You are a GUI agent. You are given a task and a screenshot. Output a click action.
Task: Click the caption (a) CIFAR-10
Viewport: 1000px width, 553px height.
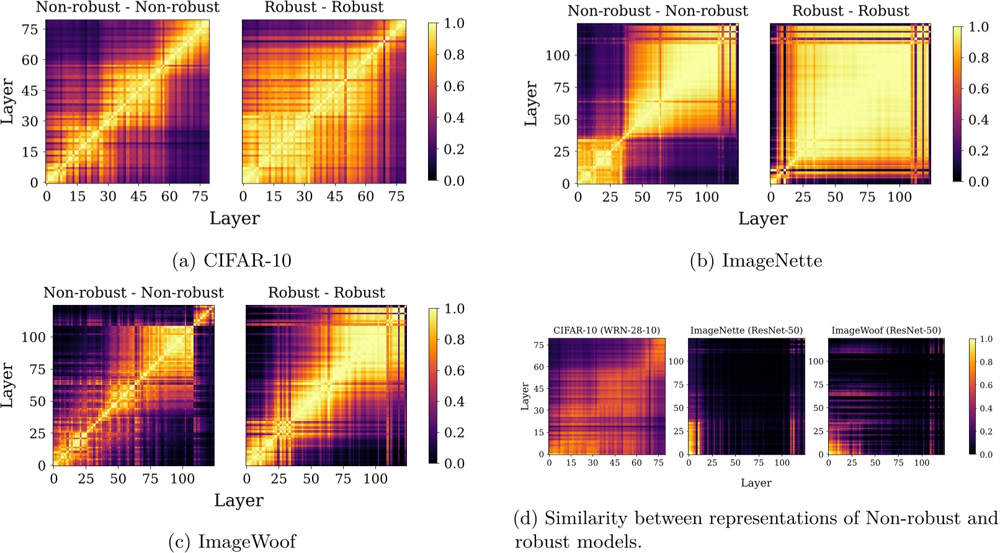click(x=231, y=260)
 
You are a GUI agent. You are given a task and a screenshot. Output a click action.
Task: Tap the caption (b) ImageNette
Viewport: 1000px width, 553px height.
click(x=756, y=261)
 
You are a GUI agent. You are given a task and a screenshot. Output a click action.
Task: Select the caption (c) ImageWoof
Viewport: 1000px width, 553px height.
click(x=232, y=542)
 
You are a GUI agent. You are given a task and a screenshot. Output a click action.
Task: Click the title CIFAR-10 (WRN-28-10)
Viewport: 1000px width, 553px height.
click(x=606, y=330)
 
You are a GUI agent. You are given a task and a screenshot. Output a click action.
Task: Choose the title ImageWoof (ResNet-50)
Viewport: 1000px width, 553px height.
click(x=886, y=330)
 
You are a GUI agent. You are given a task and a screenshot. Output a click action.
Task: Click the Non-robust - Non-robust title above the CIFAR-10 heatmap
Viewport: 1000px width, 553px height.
click(x=127, y=7)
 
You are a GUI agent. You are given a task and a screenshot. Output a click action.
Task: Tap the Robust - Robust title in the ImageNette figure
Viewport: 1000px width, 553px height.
click(x=850, y=11)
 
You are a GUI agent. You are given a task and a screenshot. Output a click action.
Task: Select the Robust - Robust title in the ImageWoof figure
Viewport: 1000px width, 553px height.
click(x=326, y=293)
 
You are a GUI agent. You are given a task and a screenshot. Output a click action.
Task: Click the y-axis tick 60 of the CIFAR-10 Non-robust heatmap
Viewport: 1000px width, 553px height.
click(x=30, y=60)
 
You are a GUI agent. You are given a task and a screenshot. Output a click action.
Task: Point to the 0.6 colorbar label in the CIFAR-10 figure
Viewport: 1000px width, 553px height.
click(x=454, y=86)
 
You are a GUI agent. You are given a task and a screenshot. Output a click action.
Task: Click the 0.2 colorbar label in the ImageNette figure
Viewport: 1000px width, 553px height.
click(x=979, y=151)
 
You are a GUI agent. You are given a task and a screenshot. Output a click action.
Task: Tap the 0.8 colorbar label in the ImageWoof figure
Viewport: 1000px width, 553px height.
click(x=455, y=340)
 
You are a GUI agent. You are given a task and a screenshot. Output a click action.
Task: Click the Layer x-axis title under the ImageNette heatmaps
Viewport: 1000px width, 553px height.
click(x=762, y=219)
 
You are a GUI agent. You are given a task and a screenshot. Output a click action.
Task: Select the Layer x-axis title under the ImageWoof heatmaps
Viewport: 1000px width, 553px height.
click(x=239, y=500)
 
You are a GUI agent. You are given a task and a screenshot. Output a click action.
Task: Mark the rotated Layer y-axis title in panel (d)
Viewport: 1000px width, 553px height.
click(x=525, y=396)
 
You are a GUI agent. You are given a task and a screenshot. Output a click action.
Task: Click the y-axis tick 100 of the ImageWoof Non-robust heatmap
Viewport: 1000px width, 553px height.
click(x=33, y=337)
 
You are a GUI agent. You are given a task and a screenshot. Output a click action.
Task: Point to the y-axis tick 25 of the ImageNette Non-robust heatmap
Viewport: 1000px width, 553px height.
click(x=561, y=152)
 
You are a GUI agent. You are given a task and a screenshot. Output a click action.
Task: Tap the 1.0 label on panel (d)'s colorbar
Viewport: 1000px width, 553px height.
click(x=986, y=340)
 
